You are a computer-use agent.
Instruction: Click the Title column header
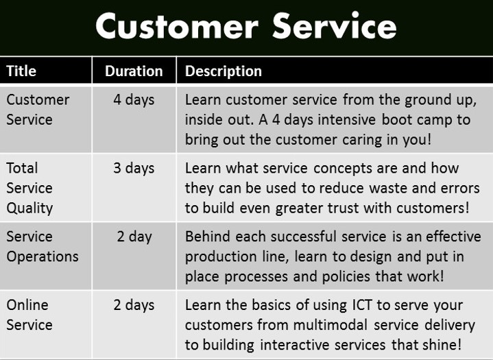click(21, 71)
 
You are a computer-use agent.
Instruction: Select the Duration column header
click(134, 71)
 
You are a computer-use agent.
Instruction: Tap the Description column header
click(224, 71)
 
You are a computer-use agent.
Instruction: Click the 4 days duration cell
click(134, 100)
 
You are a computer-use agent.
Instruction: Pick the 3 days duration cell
click(134, 168)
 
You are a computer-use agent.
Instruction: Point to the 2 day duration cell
click(134, 237)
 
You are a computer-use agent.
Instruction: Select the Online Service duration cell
click(134, 305)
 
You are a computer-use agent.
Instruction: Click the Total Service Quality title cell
click(29, 188)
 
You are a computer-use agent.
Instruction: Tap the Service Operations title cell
click(43, 246)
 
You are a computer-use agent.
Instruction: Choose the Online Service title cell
click(29, 315)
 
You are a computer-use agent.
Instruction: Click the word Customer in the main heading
click(177, 26)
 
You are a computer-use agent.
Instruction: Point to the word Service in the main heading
click(335, 25)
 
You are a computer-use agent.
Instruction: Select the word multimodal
click(330, 325)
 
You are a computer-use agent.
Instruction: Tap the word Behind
click(208, 237)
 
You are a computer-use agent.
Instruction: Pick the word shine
click(442, 345)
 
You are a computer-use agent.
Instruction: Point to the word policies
click(346, 276)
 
